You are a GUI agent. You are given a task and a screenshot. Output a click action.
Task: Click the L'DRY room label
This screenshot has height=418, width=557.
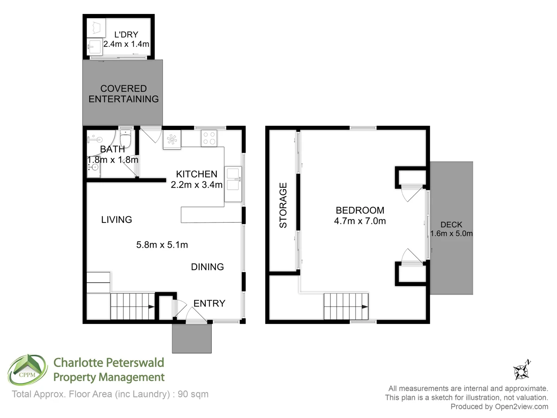click(126, 34)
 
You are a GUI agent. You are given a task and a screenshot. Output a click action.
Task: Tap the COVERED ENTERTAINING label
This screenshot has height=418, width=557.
click(123, 94)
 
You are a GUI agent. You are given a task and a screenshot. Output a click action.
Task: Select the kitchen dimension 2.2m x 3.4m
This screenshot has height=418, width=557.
click(196, 185)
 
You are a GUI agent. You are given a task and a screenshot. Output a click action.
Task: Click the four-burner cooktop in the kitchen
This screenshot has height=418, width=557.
click(209, 138)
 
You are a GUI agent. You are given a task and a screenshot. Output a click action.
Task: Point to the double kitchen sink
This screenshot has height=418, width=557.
click(233, 179)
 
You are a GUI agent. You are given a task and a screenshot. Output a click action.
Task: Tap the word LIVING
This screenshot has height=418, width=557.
click(116, 220)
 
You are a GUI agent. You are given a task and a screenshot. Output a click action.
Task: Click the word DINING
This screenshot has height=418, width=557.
click(207, 267)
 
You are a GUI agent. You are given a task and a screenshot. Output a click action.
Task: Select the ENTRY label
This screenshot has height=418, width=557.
click(209, 303)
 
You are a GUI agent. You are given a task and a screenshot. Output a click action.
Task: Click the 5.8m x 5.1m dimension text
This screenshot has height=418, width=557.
click(162, 245)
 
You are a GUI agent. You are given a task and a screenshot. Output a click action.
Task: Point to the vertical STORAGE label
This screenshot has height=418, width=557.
click(283, 205)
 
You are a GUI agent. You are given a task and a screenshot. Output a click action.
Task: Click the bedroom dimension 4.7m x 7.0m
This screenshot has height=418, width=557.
click(360, 221)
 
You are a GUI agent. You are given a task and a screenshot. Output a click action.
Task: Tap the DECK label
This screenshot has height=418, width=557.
click(451, 224)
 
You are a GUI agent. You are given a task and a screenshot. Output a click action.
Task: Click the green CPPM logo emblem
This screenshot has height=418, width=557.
click(27, 370)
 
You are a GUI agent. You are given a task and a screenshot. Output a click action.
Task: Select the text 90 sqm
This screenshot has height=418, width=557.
click(193, 394)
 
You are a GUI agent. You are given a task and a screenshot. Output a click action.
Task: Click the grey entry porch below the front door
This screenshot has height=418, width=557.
click(191, 338)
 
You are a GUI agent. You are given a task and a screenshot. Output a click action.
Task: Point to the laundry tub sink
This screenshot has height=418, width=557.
click(94, 48)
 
